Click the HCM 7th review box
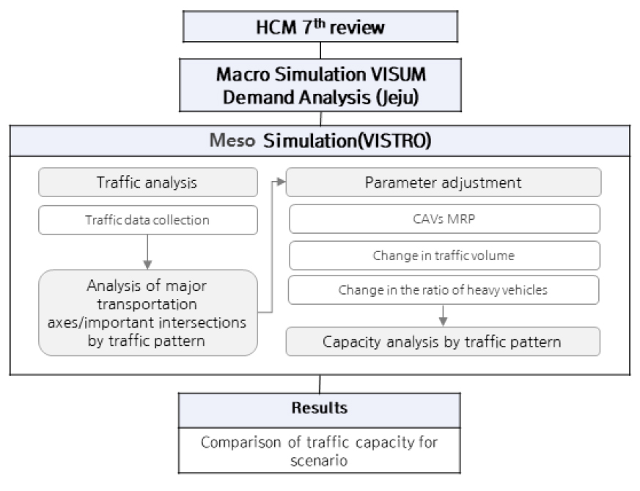[320, 26]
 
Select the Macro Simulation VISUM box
[320, 85]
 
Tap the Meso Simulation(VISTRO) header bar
[320, 141]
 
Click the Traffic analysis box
[148, 182]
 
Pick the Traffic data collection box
[148, 220]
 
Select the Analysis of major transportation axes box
[148, 313]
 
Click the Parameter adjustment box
[444, 182]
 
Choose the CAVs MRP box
[444, 219]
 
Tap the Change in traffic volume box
[444, 256]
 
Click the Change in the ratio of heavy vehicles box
[444, 289]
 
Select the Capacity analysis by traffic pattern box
[443, 342]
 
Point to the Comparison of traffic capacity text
[319, 451]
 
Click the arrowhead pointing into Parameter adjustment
[282, 182]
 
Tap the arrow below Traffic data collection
[148, 252]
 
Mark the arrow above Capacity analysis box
[444, 316]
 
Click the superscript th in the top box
[320, 23]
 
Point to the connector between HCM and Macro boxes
[320, 51]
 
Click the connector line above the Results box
[320, 384]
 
